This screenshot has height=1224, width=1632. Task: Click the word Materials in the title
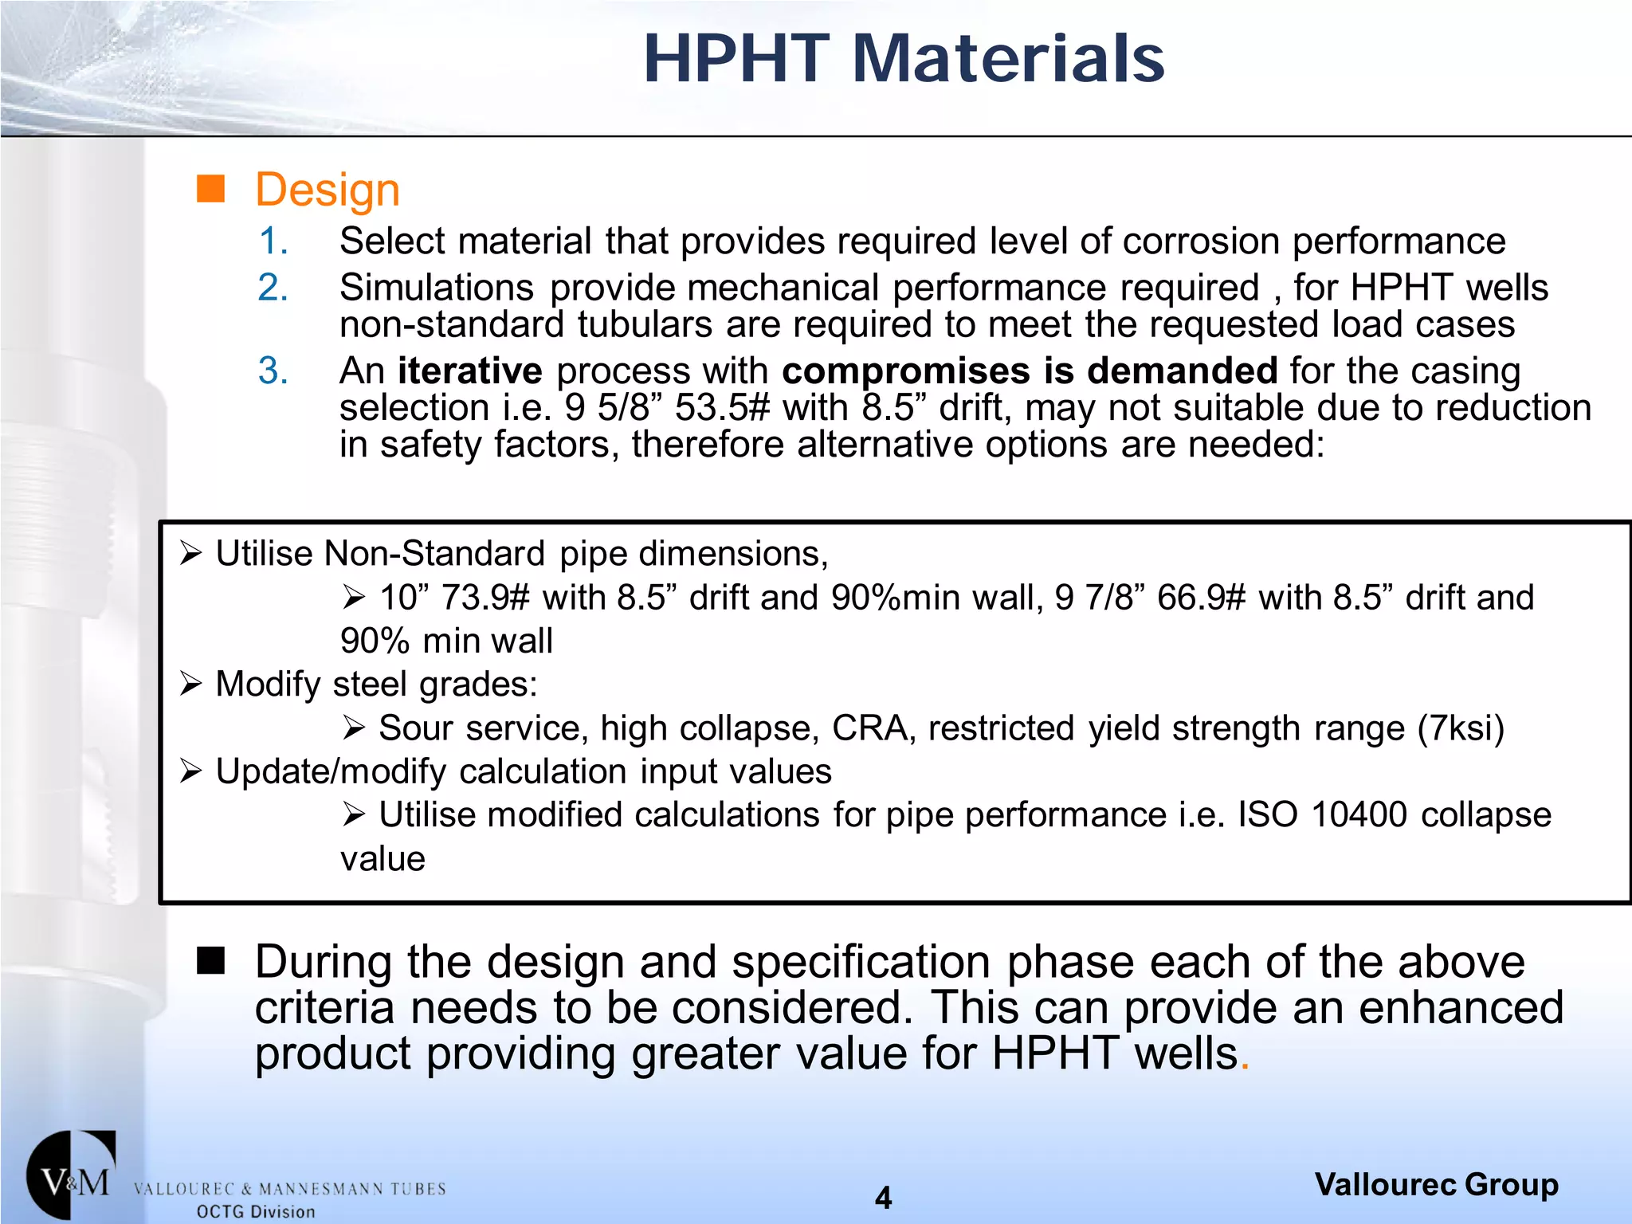(1008, 59)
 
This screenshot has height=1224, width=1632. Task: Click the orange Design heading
(327, 190)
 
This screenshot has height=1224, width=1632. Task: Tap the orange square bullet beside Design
(210, 190)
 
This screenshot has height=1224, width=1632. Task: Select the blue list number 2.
(273, 288)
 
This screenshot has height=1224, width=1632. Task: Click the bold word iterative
(469, 371)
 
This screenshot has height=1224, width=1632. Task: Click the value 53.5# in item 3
(722, 408)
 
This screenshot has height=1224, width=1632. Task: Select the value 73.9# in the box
(484, 598)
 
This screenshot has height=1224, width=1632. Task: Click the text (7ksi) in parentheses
(1461, 728)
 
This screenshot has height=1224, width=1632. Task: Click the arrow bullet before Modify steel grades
(190, 685)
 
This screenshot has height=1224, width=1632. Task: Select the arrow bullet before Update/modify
(190, 771)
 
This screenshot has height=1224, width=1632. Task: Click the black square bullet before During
(211, 961)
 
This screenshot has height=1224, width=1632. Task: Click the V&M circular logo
(71, 1175)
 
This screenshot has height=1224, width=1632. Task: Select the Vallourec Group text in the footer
(1436, 1185)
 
